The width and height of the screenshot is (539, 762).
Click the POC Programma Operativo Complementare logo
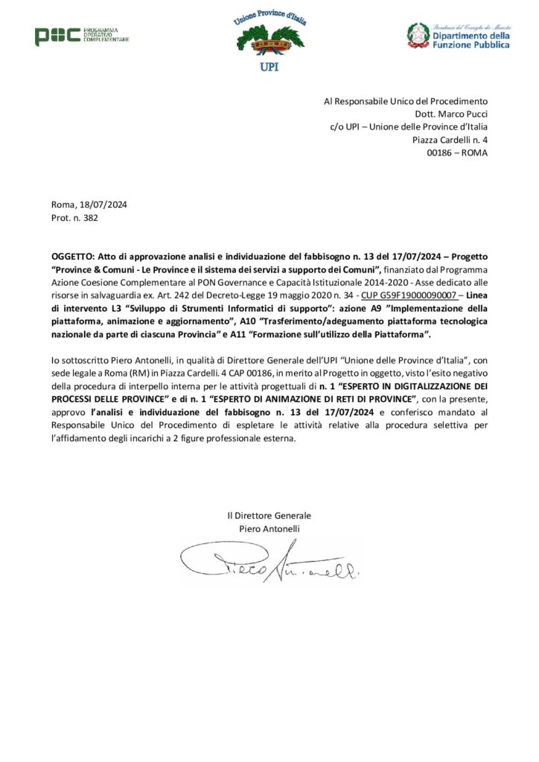81,35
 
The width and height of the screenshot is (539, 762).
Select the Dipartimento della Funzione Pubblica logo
458,35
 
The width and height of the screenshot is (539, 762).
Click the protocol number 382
90,218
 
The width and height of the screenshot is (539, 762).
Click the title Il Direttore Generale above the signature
269,515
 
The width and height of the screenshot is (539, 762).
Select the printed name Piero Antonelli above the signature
269,528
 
